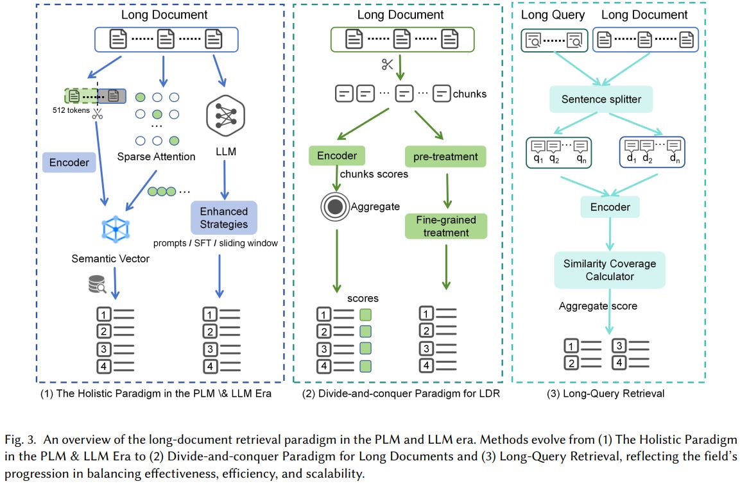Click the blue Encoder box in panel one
pyautogui.click(x=69, y=162)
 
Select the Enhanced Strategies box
pyautogui.click(x=223, y=218)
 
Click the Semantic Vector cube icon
pyautogui.click(x=116, y=228)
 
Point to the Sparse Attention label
pyautogui.click(x=156, y=156)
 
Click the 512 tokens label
pyautogui.click(x=71, y=110)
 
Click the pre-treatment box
pyautogui.click(x=445, y=156)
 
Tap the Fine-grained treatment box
pyautogui.click(x=446, y=226)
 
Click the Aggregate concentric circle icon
pyautogui.click(x=334, y=207)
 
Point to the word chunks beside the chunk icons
pyautogui.click(x=470, y=94)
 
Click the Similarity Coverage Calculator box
pyautogui.click(x=609, y=270)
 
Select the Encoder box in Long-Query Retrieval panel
pyautogui.click(x=609, y=207)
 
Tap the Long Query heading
pyautogui.click(x=553, y=15)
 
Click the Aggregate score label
pyautogui.click(x=598, y=306)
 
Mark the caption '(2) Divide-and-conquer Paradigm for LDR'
pyautogui.click(x=401, y=394)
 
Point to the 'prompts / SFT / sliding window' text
pyautogui.click(x=215, y=244)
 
